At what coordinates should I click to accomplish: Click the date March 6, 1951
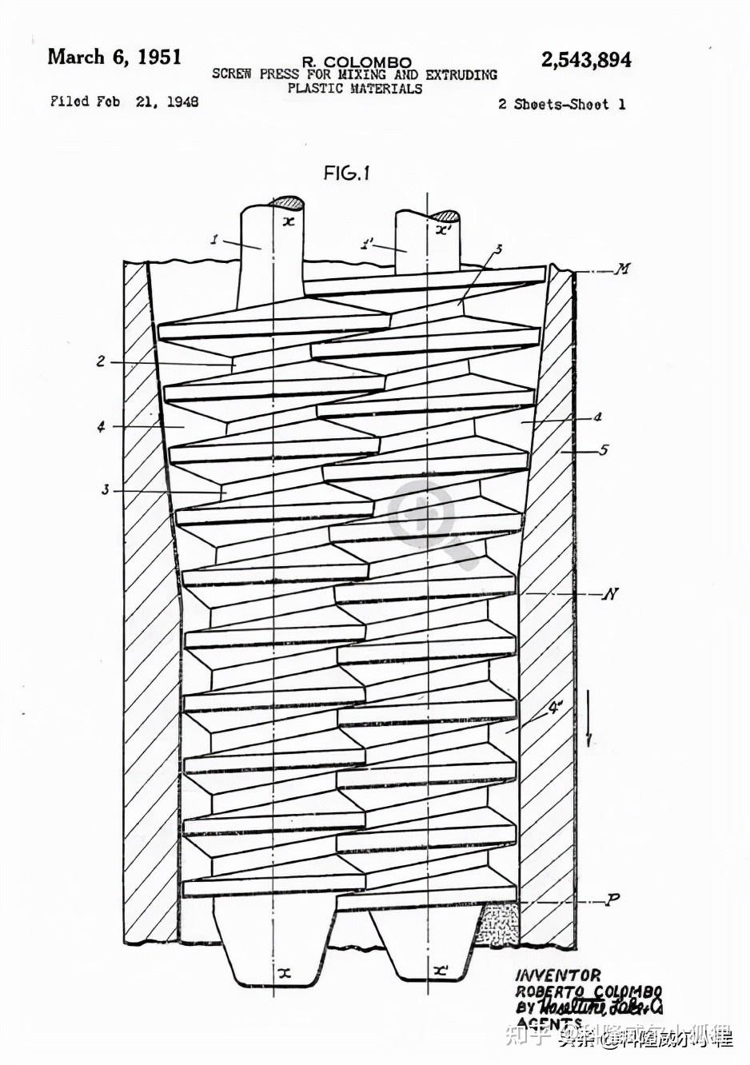click(114, 57)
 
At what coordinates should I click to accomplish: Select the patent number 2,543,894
click(585, 60)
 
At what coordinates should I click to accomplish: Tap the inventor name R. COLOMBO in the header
click(357, 62)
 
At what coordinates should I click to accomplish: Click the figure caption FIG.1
click(346, 173)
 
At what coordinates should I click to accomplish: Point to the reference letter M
click(621, 269)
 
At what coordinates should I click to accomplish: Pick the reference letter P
click(612, 899)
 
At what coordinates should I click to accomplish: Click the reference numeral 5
click(603, 450)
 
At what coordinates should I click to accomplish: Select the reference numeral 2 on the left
click(101, 361)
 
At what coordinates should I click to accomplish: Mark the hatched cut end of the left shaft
click(286, 202)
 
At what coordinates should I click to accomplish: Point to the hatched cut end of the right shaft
click(444, 216)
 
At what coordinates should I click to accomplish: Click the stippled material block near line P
click(498, 925)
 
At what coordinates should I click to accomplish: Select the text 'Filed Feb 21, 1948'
click(124, 102)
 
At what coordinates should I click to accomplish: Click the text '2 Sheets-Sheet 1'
click(561, 104)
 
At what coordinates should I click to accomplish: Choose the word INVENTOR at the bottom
click(557, 975)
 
